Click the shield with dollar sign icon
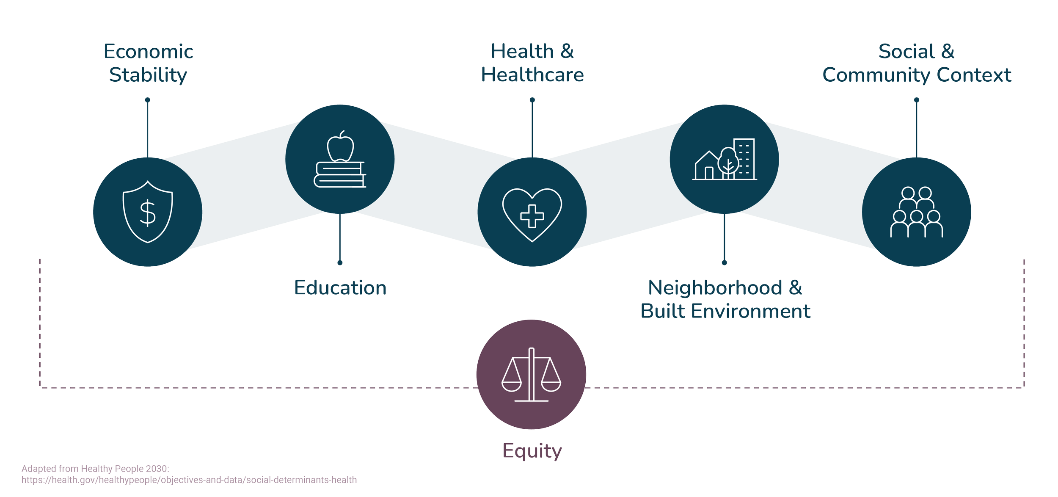tap(148, 212)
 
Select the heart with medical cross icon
tap(532, 214)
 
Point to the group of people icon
tap(917, 212)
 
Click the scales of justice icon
tap(531, 375)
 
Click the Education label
tap(340, 288)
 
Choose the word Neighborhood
tap(715, 288)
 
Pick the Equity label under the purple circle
tap(532, 451)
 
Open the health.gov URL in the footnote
tap(189, 480)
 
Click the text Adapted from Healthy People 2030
tap(96, 469)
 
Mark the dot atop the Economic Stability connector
tap(147, 100)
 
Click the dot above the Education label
tap(340, 263)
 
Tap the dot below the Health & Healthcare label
tap(532, 100)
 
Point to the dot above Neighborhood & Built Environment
tap(724, 263)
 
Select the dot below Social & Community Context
tap(917, 100)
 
